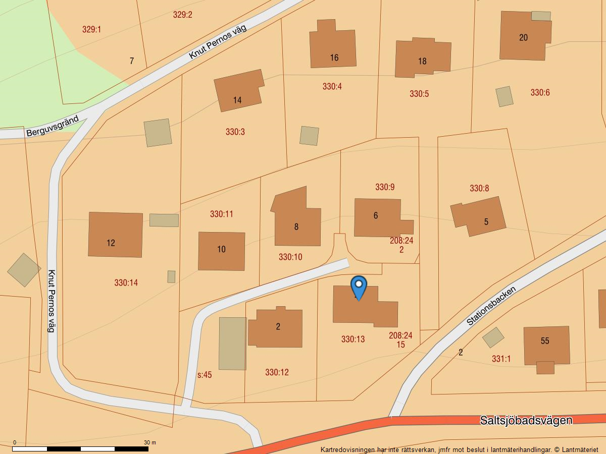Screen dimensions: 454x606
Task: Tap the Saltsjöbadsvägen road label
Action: pos(526,420)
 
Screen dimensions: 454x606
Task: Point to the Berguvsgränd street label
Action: pos(53,126)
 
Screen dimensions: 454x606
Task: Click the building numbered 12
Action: pos(115,235)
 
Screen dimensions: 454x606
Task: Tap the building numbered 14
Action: pos(238,91)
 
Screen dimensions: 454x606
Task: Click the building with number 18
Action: pos(422,58)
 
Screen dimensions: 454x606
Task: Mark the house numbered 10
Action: pos(221,251)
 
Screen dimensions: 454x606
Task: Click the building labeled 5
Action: pos(480,217)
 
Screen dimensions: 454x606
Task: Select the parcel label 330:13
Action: pos(352,339)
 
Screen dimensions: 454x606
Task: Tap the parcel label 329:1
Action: pos(91,29)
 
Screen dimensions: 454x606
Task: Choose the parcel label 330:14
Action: pos(126,282)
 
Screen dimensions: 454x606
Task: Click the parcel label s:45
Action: pos(205,375)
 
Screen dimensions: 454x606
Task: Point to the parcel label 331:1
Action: pos(501,359)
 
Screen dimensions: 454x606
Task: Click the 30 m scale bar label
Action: pos(150,442)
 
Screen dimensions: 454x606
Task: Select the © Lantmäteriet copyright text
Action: pos(576,449)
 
